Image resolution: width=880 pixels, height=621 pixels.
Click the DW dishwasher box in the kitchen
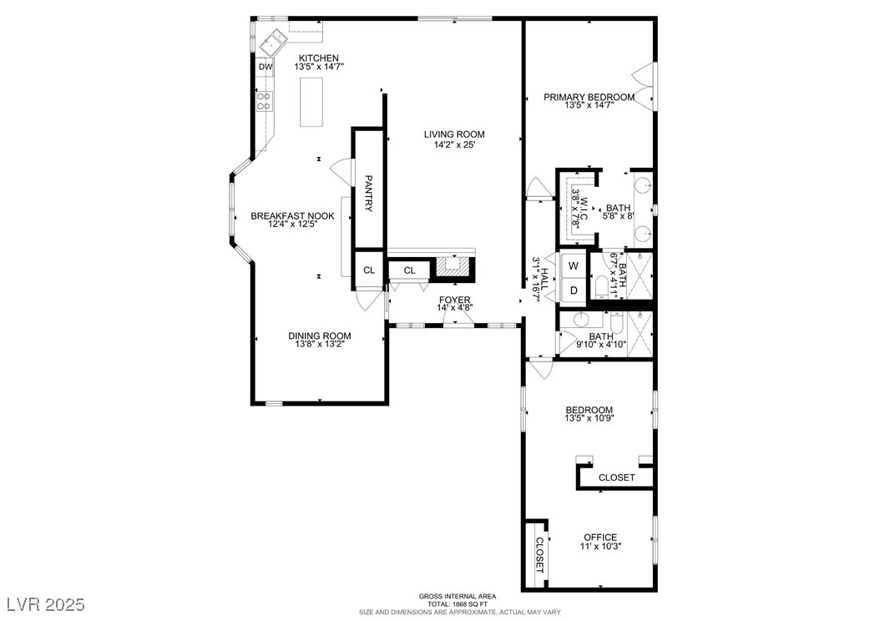[x=266, y=67]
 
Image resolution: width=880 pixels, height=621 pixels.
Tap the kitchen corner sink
[x=274, y=42]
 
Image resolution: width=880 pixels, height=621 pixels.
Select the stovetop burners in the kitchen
[x=264, y=101]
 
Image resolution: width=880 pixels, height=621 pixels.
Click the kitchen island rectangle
[x=311, y=102]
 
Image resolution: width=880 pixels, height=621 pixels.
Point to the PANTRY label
[x=369, y=194]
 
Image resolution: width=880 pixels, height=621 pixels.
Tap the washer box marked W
[x=574, y=265]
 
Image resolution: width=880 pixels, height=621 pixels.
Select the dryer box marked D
[x=574, y=290]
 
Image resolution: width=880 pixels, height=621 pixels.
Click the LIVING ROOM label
[x=454, y=134]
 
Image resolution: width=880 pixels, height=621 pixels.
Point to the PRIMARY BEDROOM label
[x=589, y=97]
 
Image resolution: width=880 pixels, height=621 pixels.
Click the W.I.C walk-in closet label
[x=584, y=208]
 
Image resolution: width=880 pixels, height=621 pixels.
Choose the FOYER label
[x=454, y=300]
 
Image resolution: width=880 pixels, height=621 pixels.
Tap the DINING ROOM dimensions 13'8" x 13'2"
[x=319, y=344]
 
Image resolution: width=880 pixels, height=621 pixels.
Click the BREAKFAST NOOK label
[x=292, y=216]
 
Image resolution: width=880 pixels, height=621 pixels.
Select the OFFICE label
[x=600, y=538]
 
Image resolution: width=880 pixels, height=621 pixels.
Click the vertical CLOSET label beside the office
[x=539, y=555]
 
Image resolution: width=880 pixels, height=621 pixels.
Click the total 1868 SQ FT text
[x=458, y=605]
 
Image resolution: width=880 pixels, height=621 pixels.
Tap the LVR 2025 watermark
[x=47, y=605]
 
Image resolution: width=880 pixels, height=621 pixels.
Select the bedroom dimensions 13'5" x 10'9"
[x=589, y=417]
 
